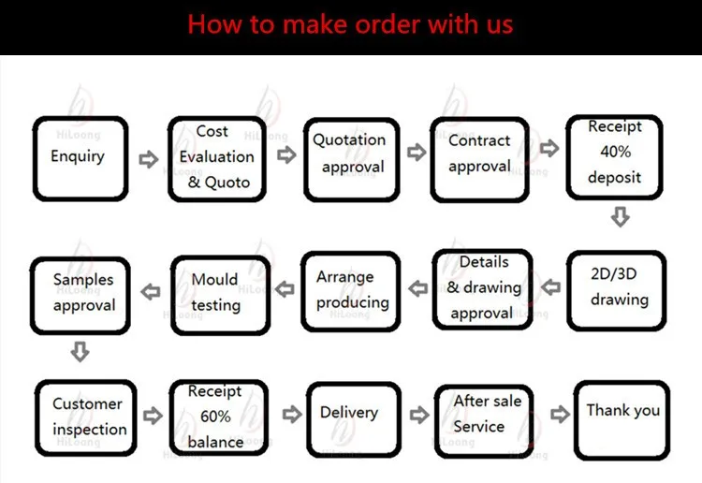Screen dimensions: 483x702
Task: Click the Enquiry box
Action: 80,156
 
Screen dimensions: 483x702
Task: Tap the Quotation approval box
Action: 349,154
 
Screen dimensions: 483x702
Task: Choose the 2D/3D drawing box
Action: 618,289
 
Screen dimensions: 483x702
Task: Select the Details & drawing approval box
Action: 482,289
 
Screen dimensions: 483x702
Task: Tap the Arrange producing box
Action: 352,290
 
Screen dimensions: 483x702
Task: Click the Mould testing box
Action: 215,293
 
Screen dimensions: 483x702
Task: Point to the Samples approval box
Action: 82,293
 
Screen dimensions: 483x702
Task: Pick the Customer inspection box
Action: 86,417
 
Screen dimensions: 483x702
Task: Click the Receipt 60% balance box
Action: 217,417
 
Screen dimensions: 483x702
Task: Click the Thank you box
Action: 622,418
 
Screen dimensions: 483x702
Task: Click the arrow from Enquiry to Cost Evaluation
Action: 148,159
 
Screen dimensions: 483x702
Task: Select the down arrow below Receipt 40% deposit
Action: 619,217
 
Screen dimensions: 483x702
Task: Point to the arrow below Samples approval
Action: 80,352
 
